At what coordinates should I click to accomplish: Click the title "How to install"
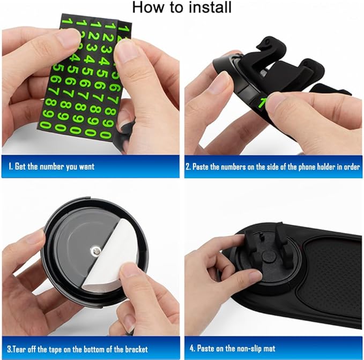pos(182,7)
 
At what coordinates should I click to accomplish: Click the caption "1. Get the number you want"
pos(51,167)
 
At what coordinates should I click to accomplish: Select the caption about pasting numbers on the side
pos(272,167)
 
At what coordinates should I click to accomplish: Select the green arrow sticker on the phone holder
pos(262,102)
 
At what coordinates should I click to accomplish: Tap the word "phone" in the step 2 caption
pos(299,167)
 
